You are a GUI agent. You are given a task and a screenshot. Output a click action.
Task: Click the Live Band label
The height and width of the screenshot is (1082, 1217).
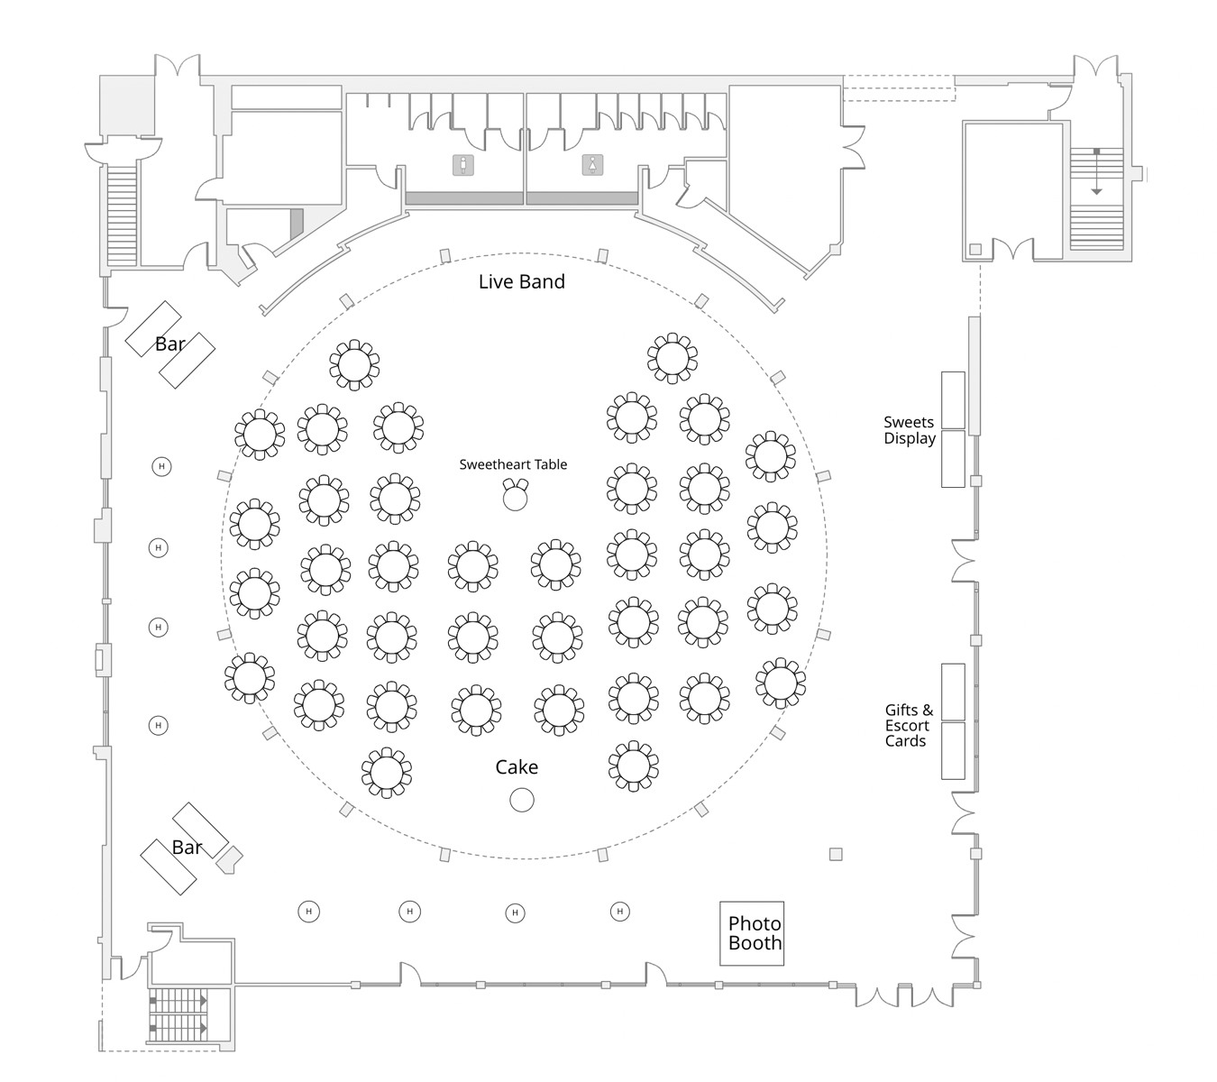521,281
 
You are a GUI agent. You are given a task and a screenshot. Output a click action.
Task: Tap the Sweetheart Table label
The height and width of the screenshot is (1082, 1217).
513,464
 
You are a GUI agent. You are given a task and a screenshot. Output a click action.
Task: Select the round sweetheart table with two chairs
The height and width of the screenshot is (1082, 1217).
515,498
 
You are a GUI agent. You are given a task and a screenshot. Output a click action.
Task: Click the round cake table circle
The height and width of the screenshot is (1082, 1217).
522,800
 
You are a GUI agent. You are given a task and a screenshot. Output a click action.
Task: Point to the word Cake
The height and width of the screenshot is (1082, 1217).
517,767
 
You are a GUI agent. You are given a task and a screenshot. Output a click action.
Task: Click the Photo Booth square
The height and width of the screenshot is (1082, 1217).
752,933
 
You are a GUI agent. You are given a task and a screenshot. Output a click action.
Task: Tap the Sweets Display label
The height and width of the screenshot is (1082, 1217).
909,430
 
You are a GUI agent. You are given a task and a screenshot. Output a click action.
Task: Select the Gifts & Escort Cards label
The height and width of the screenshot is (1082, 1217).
907,726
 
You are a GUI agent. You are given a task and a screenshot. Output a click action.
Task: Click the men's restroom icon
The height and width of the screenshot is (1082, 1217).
463,165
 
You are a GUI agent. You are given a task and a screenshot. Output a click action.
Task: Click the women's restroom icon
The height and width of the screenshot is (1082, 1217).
592,165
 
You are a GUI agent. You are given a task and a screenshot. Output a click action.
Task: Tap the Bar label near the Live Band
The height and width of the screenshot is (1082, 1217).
169,344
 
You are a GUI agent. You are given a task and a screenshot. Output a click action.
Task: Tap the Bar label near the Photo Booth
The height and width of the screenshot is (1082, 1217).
187,848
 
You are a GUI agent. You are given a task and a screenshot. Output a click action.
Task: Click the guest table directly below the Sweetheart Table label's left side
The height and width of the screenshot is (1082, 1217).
473,566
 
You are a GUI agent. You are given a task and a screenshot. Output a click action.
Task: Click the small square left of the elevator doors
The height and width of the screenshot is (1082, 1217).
975,249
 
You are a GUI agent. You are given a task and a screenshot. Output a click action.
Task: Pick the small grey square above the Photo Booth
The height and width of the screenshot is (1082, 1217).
836,854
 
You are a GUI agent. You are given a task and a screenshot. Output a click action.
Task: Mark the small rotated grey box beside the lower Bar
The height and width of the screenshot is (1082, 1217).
229,859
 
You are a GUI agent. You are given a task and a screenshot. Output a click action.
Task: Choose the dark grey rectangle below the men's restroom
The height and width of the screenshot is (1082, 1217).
464,198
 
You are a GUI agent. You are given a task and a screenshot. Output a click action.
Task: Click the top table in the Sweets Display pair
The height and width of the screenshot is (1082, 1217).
953,400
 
